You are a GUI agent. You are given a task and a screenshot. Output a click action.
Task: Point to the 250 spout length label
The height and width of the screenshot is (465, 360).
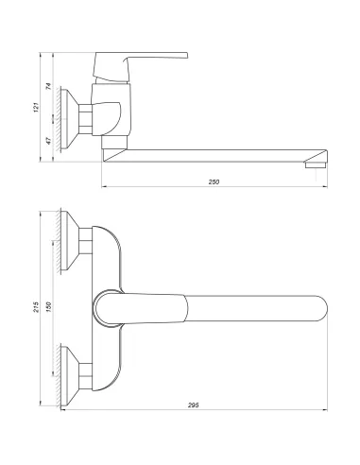[216, 181]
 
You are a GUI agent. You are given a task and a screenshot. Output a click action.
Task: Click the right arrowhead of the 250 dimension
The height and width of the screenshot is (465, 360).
[327, 186]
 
